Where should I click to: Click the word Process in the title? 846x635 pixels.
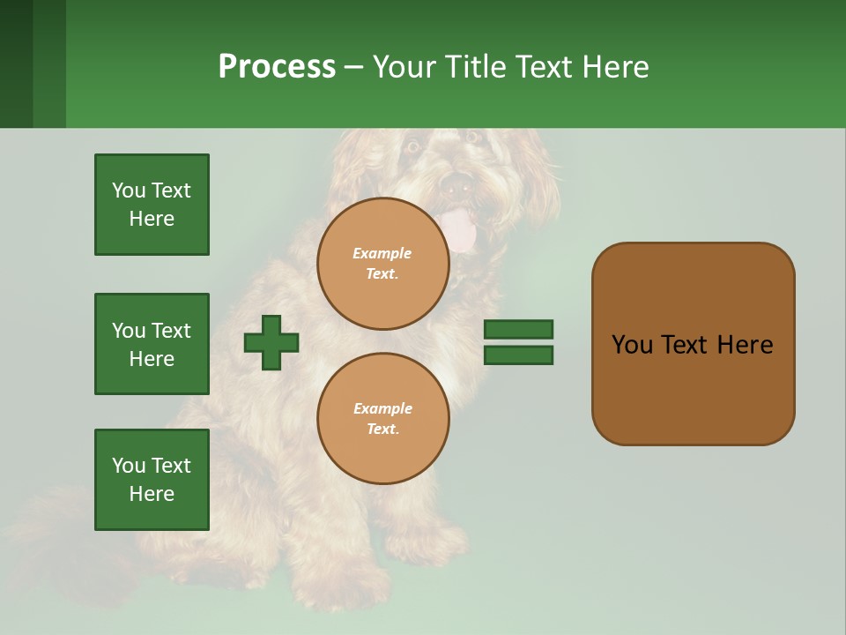[277, 67]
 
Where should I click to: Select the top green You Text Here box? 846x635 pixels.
[152, 205]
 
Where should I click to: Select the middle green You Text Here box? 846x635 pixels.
[152, 344]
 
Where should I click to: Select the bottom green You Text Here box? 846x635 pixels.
[152, 480]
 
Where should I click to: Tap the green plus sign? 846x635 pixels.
[271, 342]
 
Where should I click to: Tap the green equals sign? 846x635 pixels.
[518, 342]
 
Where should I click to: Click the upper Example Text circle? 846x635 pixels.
[382, 263]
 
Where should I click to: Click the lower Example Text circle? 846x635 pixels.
[382, 418]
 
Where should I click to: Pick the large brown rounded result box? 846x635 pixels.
[693, 344]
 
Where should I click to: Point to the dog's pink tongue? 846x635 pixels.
[460, 232]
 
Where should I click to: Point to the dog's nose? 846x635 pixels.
[457, 185]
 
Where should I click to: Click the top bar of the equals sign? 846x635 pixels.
[518, 330]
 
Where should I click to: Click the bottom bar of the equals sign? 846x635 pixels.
[518, 355]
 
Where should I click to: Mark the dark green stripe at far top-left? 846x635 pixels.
[16, 63]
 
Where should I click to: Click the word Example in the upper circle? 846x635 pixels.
[382, 253]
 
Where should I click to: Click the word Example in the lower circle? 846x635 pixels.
[382, 408]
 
